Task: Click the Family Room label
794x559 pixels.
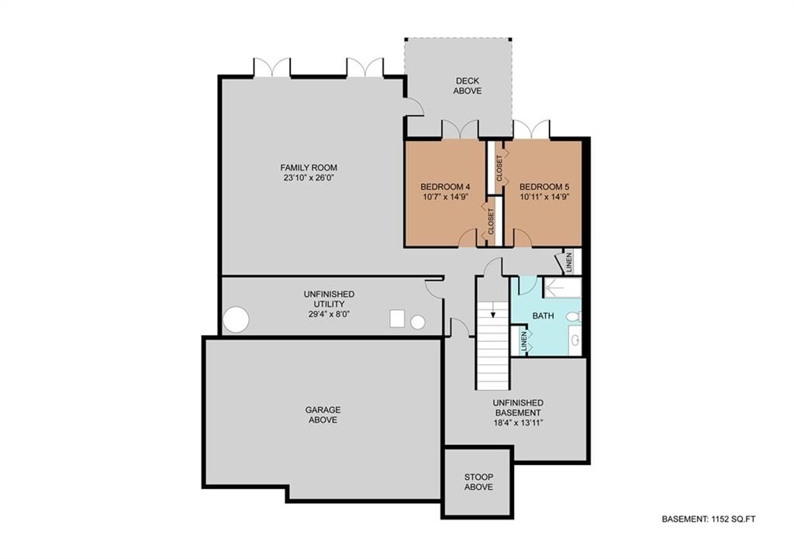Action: (x=309, y=167)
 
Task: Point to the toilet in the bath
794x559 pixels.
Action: (x=573, y=317)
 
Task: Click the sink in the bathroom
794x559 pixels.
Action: (x=575, y=340)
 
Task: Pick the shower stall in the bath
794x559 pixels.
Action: (x=562, y=288)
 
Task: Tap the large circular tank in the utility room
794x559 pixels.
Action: (x=236, y=319)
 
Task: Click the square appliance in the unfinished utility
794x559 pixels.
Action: (x=398, y=319)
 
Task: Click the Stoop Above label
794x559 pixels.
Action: (x=478, y=482)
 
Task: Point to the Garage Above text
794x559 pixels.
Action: (x=323, y=415)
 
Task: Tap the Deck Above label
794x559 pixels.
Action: (x=468, y=85)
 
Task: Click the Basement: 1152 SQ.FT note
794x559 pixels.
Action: (x=709, y=519)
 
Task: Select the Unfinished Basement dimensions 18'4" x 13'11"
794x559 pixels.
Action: (x=518, y=423)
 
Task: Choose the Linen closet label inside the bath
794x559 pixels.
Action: (x=524, y=341)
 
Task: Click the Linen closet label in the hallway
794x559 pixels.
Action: (x=569, y=262)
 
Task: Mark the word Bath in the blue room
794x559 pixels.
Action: (x=543, y=316)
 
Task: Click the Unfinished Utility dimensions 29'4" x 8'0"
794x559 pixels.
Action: (x=329, y=314)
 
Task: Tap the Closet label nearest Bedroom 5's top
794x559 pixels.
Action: (x=499, y=168)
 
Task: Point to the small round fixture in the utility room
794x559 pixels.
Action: (x=418, y=322)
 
